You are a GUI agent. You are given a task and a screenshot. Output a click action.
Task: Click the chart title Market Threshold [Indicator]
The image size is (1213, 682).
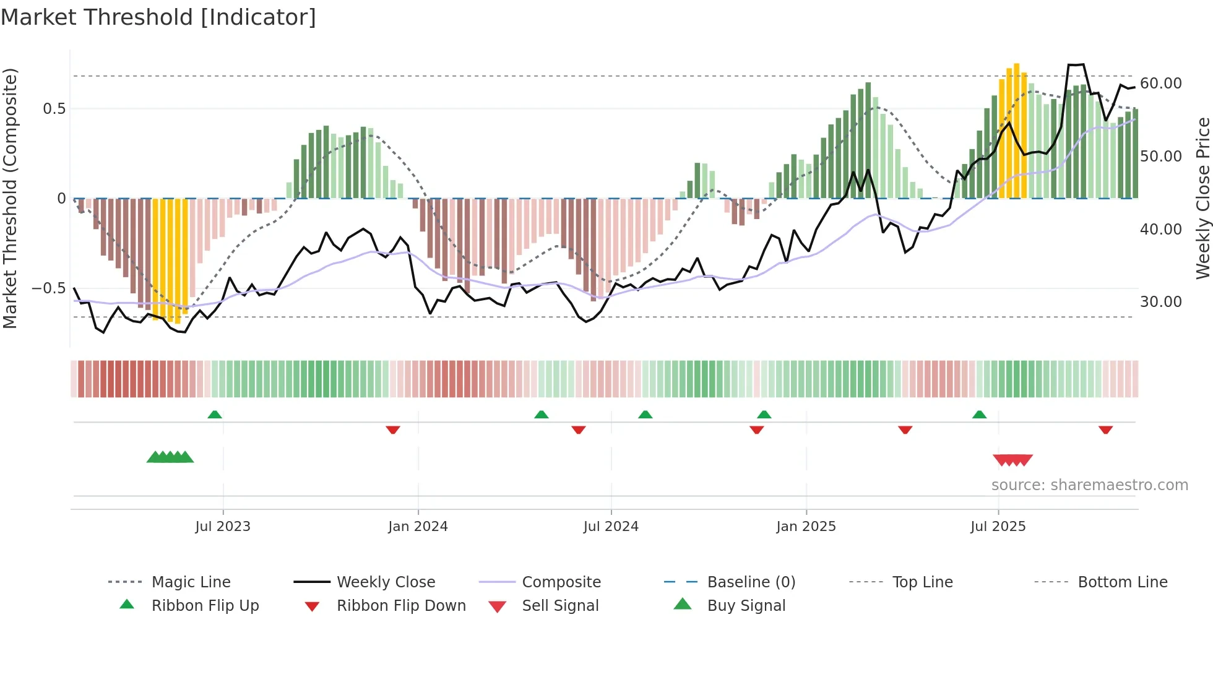[x=158, y=17]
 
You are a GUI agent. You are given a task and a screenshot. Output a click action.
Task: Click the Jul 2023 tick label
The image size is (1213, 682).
[x=223, y=527]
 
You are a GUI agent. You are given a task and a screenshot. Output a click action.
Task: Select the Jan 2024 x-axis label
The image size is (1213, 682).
[x=418, y=527]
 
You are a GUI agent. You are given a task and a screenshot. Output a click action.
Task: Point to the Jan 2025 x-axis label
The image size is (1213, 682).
[x=806, y=527]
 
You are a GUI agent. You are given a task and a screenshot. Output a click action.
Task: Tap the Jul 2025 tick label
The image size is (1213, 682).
[x=998, y=527]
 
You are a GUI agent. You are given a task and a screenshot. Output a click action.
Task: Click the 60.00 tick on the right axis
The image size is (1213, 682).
[x=1160, y=84]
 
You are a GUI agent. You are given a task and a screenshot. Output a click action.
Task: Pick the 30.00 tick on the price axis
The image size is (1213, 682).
[x=1160, y=302]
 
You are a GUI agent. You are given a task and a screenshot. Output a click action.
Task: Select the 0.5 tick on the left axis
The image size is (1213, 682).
[x=54, y=109]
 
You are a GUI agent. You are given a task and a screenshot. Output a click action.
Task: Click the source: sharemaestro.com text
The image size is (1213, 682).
[x=1089, y=485]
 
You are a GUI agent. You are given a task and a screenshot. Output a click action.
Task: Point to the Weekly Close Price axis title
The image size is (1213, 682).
[x=1202, y=198]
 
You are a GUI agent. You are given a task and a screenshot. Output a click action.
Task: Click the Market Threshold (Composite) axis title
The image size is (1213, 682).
[x=10, y=198]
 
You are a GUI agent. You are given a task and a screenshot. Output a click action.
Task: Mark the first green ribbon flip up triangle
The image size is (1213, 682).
[x=215, y=415]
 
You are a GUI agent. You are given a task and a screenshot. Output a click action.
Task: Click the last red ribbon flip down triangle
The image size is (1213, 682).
[x=1105, y=429]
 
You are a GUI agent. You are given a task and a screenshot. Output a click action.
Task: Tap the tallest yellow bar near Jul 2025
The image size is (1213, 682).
[x=1016, y=130]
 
